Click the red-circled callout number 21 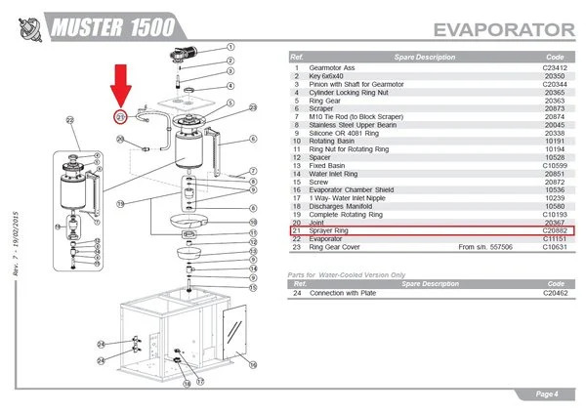(x=120, y=117)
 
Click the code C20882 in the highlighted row (x=555, y=231)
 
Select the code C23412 (x=555, y=65)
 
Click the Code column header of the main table (x=555, y=56)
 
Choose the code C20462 (x=555, y=293)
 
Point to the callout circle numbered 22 (x=70, y=120)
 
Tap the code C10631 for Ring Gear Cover (x=555, y=248)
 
